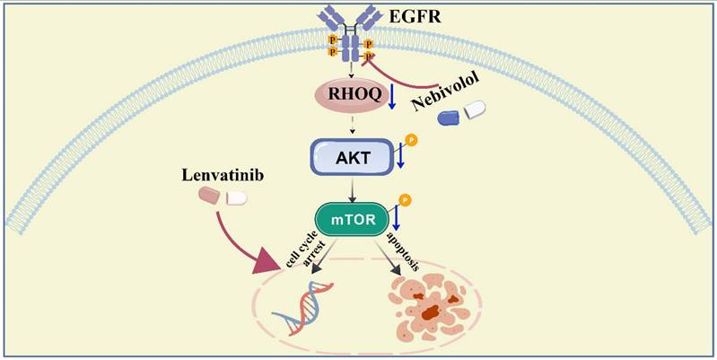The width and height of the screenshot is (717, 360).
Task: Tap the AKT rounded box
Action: coord(351,157)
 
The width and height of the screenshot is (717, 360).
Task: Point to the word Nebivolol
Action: coord(444,91)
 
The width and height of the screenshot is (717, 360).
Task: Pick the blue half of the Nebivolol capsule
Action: coord(450,118)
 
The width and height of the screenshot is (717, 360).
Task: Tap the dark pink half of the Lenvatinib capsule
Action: coord(209,196)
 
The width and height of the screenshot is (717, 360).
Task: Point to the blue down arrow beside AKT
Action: coord(400,155)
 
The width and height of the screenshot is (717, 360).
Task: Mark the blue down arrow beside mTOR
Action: coord(397,217)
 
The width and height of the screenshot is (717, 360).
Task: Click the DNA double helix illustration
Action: coord(302,307)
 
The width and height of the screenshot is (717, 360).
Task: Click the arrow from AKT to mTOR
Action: coord(352,189)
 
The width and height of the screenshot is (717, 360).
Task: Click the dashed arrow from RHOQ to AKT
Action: coord(352,125)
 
